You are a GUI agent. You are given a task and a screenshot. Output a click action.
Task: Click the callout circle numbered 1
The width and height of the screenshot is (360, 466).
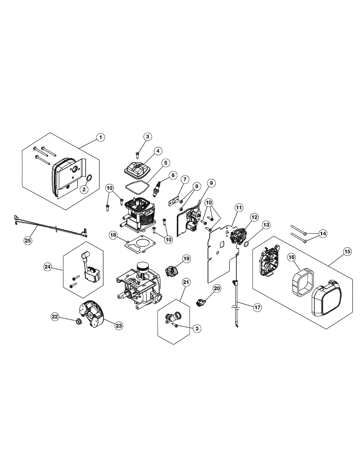100,137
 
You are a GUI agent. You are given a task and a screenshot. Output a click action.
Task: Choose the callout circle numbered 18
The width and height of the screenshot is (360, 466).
113,235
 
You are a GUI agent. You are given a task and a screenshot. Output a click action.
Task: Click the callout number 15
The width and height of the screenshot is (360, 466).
347,252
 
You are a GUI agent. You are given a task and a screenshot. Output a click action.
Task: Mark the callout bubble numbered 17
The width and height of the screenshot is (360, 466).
257,307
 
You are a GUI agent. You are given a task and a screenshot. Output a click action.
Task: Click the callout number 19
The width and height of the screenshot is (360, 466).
186,258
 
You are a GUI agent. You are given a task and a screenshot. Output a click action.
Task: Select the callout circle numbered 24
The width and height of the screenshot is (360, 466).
48,267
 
